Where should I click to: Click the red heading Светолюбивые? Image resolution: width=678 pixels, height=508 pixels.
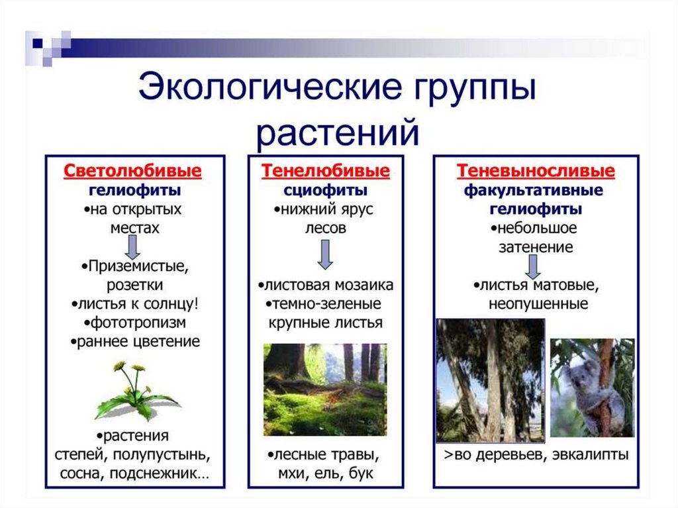tap(132, 171)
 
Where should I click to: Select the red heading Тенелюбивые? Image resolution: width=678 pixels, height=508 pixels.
tap(325, 171)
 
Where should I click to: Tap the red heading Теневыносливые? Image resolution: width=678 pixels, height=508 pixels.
tap(536, 171)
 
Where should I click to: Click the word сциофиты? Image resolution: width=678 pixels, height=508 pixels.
tap(325, 190)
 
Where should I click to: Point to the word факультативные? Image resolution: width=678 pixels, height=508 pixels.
tap(533, 190)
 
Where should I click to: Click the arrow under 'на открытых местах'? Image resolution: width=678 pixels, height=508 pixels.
tap(132, 248)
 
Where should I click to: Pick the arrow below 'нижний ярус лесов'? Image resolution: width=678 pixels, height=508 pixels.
tap(325, 254)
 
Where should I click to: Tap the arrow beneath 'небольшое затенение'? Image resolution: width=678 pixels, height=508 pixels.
tap(533, 266)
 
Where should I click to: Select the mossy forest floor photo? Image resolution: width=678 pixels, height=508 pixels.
tap(325, 389)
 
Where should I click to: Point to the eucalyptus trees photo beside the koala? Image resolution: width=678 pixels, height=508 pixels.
tap(491, 381)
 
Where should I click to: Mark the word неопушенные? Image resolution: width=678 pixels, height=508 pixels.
tap(538, 304)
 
